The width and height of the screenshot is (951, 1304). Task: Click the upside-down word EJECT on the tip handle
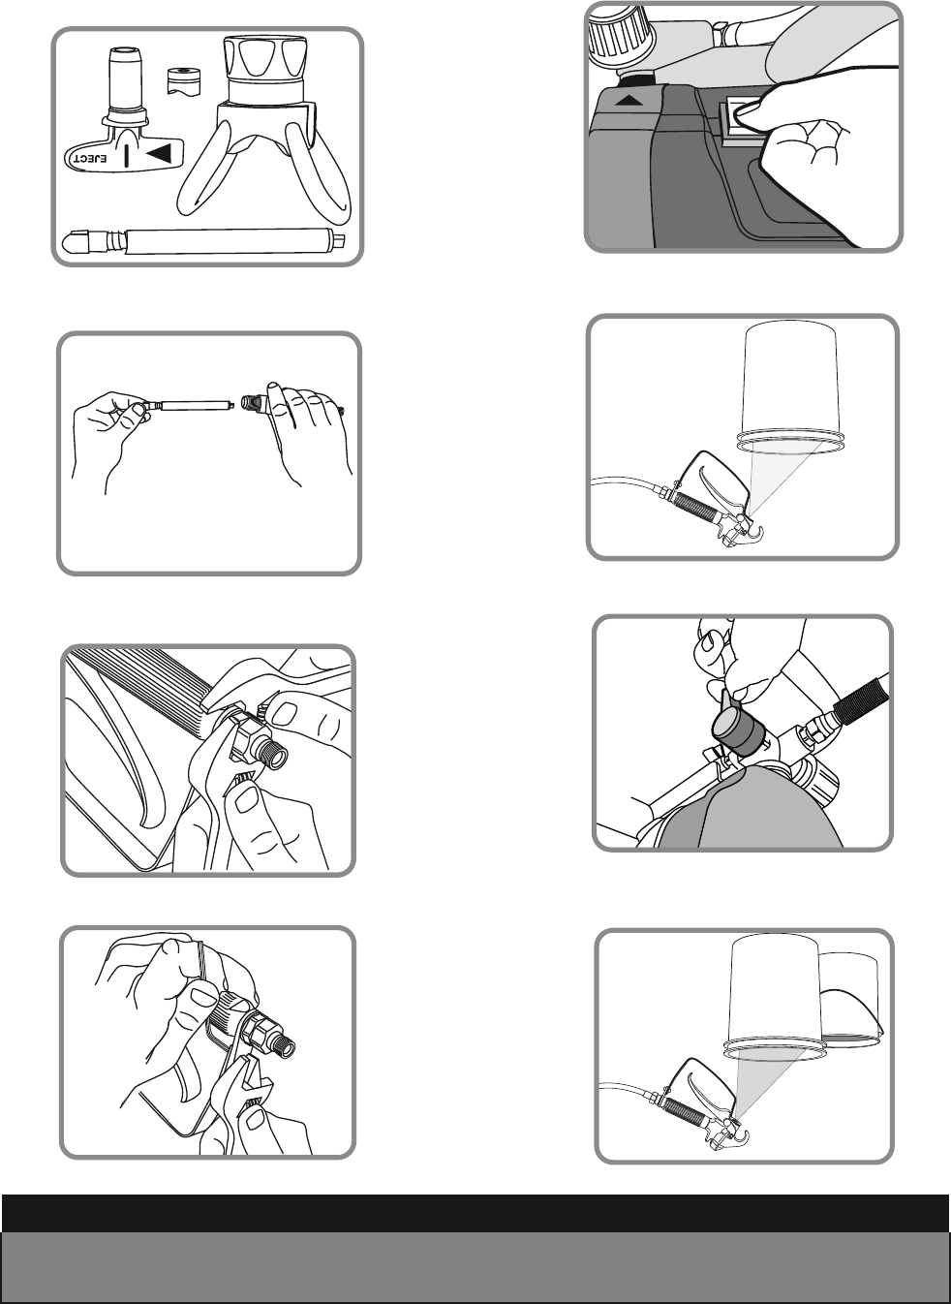[x=90, y=158]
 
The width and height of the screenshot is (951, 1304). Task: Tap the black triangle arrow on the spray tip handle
[x=160, y=154]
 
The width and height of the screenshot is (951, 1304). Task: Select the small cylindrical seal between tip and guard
[x=183, y=80]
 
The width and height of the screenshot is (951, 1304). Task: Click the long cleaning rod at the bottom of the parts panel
[x=203, y=240]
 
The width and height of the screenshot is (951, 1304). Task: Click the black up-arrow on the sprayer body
[x=629, y=101]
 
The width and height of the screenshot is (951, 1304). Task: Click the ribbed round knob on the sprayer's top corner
[x=614, y=41]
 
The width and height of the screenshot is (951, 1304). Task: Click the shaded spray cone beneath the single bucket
[x=784, y=476]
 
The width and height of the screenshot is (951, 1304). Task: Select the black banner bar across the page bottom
[x=475, y=1213]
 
